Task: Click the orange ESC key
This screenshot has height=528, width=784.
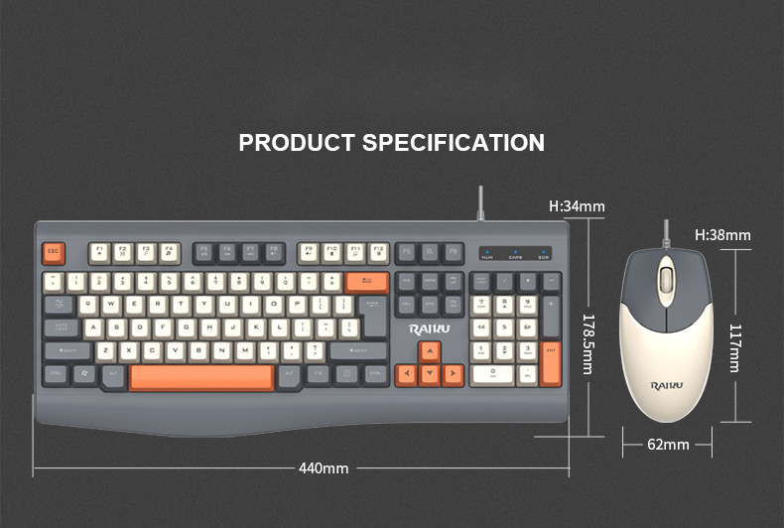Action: (x=54, y=253)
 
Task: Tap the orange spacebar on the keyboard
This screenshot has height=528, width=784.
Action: (x=201, y=377)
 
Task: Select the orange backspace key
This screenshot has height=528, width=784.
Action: (x=367, y=281)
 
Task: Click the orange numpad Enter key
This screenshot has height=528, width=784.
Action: (x=552, y=363)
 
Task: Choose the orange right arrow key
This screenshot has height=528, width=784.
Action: (x=453, y=374)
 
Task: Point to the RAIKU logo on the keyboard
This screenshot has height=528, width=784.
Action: (x=430, y=328)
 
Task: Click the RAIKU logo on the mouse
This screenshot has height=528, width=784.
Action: (x=667, y=385)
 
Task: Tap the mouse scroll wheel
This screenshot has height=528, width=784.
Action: (x=666, y=278)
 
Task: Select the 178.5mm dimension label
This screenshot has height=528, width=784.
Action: (x=588, y=343)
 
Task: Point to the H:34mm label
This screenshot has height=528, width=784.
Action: (x=577, y=206)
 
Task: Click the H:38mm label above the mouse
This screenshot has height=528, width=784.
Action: (x=722, y=235)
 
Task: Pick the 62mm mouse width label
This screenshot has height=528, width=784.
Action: (x=668, y=444)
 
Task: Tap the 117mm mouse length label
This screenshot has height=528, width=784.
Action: (x=735, y=347)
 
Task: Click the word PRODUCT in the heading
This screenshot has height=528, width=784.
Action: (x=297, y=143)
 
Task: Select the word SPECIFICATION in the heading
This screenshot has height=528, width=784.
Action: (x=453, y=143)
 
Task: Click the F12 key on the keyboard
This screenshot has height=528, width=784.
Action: (x=377, y=252)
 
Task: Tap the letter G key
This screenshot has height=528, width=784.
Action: (x=186, y=328)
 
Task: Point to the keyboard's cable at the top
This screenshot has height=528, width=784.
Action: (x=480, y=202)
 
